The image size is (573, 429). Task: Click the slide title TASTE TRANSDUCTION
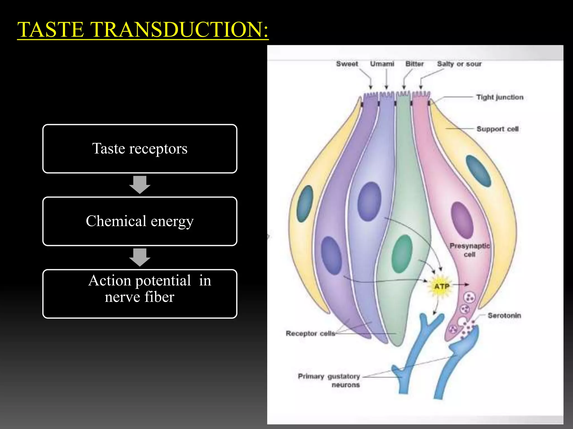tap(143, 30)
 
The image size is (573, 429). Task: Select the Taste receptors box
tap(140, 149)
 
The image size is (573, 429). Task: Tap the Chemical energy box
tap(140, 221)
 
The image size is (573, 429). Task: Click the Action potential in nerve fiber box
tap(140, 294)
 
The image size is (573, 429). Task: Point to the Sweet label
tap(347, 64)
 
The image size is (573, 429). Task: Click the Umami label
tap(382, 64)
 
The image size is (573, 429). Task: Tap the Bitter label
tap(415, 64)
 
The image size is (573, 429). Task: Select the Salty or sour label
tap(459, 64)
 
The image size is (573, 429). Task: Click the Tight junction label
tap(500, 97)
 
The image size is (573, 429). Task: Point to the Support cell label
tap(497, 129)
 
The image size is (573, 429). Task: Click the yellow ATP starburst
tap(442, 287)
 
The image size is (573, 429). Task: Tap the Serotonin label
tap(504, 316)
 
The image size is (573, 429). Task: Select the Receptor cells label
tap(310, 333)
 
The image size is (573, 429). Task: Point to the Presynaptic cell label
tap(469, 250)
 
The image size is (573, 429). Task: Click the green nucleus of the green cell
tap(402, 254)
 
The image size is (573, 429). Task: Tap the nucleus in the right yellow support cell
tap(478, 171)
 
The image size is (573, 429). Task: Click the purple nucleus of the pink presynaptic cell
tap(462, 220)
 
